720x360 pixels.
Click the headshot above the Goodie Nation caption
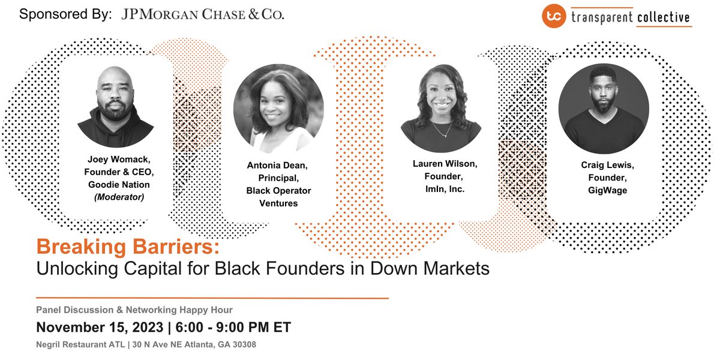coord(115,108)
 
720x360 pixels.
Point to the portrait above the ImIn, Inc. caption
coord(441,109)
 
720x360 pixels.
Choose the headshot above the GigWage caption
coord(604,109)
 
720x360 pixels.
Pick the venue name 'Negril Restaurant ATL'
coord(81,346)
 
